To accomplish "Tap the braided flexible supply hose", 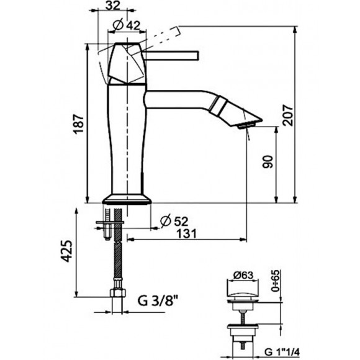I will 115,261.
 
